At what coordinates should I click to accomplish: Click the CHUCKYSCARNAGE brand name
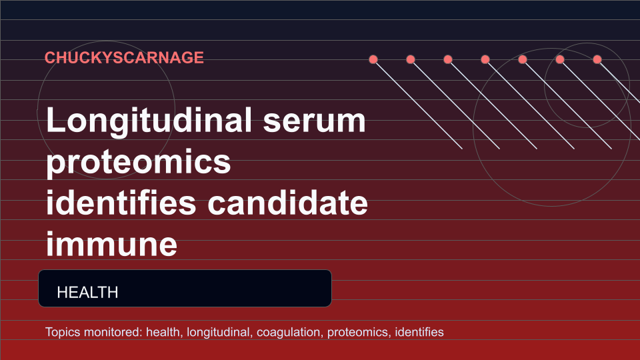click(124, 57)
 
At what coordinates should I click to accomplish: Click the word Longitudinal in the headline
click(149, 121)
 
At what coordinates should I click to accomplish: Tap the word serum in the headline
click(314, 121)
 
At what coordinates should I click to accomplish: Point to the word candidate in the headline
click(288, 203)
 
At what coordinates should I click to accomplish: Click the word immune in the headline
click(111, 245)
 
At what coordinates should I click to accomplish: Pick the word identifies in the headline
click(121, 203)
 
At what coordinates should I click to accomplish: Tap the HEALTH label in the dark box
click(88, 292)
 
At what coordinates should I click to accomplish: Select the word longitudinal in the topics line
click(219, 332)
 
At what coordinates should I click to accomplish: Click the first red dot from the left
click(373, 59)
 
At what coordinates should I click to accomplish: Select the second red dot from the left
click(411, 59)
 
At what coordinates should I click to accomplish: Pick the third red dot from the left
click(448, 59)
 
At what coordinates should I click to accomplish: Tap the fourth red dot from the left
click(485, 59)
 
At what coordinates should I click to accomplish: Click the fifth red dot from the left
click(523, 59)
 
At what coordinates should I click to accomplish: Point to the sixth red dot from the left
click(560, 59)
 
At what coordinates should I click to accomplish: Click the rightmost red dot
click(597, 59)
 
